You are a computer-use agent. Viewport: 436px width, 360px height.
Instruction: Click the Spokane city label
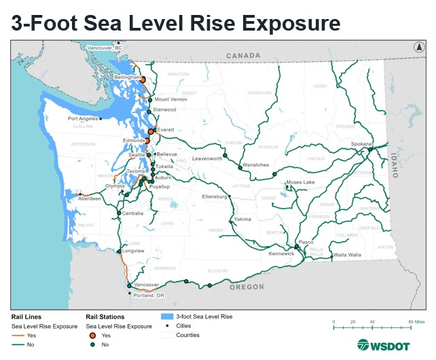coord(361,144)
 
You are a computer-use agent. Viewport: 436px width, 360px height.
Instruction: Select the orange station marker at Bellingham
coord(143,79)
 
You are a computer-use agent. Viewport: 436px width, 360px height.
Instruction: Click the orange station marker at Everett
coord(151,130)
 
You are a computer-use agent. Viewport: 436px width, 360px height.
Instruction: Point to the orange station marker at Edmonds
coord(147,141)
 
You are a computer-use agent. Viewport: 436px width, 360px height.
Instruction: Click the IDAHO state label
coord(393,164)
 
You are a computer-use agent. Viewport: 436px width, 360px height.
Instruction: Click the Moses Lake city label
coord(300,182)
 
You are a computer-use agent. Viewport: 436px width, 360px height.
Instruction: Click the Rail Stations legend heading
coord(106,317)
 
